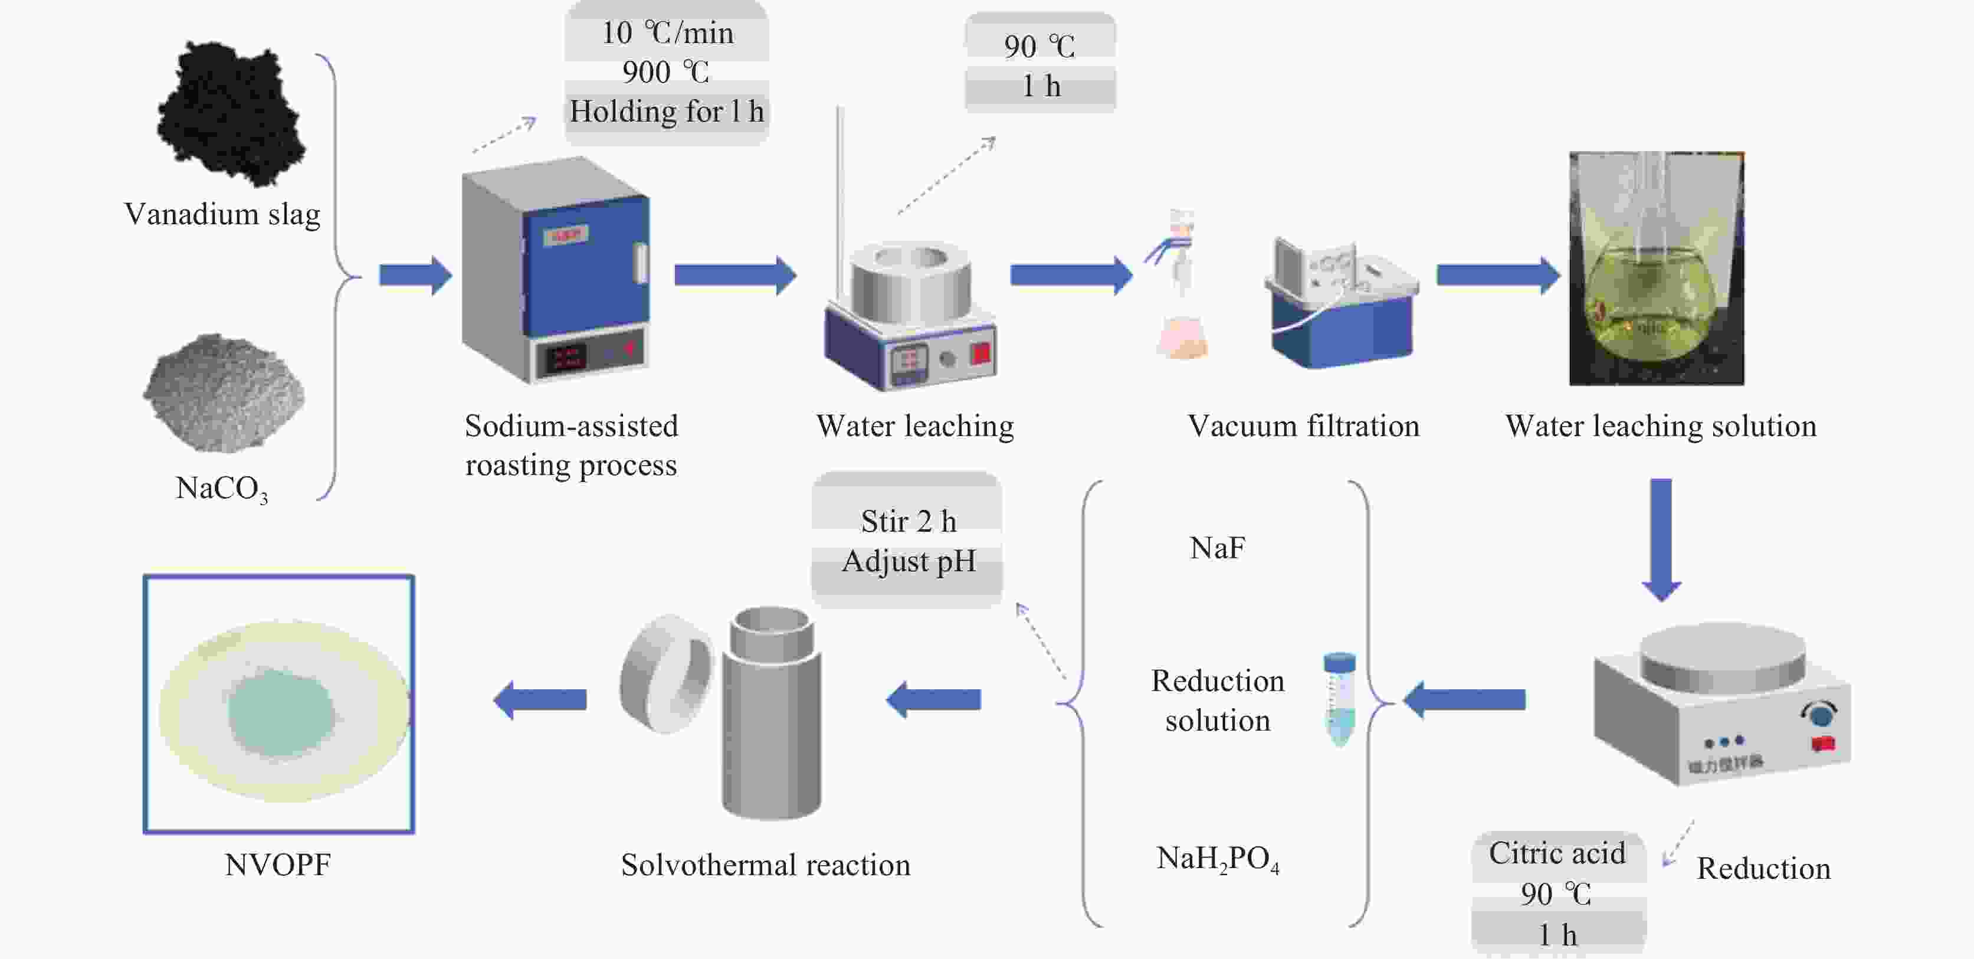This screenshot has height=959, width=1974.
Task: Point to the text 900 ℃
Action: [665, 72]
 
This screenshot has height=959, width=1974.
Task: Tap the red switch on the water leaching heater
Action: [981, 354]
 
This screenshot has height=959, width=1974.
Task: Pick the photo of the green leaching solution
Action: [1656, 269]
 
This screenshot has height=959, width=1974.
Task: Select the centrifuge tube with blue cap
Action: [1339, 698]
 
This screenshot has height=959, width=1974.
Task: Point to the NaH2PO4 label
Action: [1217, 859]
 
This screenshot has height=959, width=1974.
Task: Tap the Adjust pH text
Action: [909, 562]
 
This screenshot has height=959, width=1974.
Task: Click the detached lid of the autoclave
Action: [665, 673]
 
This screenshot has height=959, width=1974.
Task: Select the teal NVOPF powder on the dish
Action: [280, 711]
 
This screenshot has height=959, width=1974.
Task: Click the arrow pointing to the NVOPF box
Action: [540, 699]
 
